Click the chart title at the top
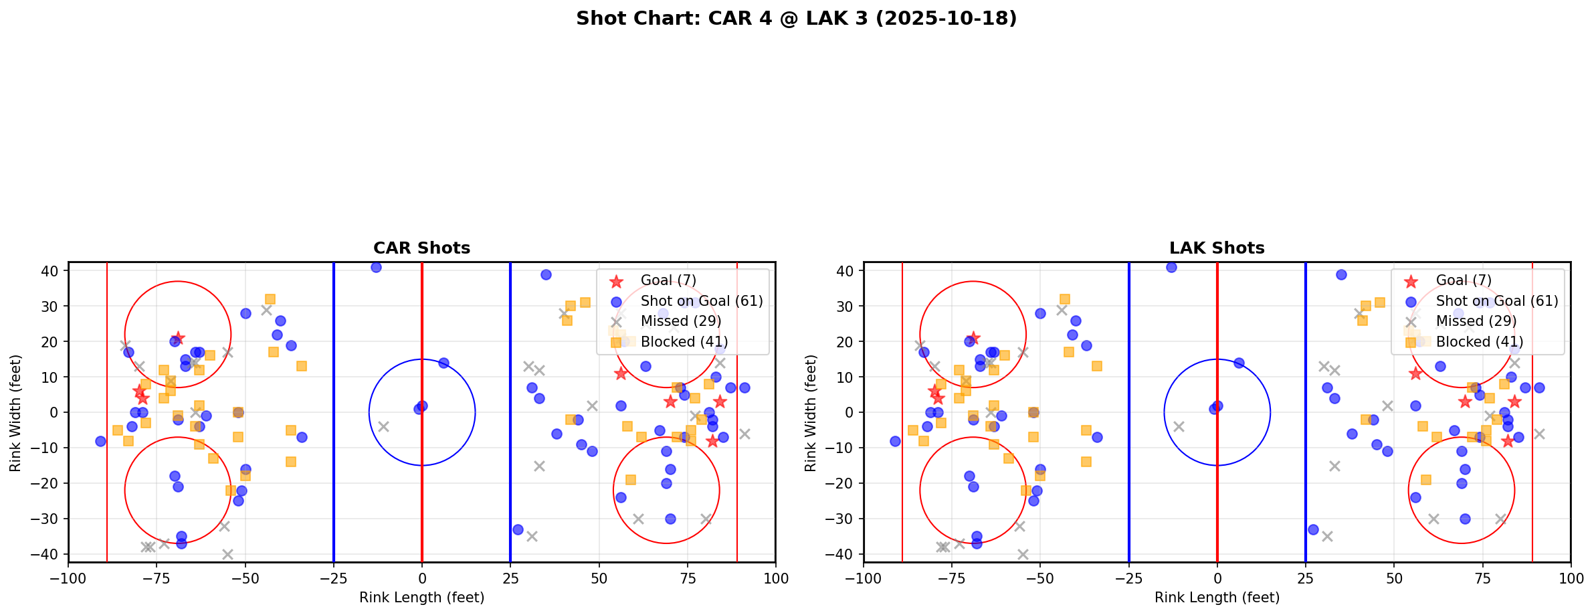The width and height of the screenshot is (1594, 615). coord(796,18)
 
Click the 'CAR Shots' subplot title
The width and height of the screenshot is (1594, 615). coord(421,248)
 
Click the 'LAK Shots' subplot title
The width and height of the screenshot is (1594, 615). coord(1217,248)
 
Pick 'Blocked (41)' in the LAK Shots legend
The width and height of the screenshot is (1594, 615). coord(1479,342)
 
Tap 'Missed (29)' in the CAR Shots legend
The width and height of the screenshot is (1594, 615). coord(680,321)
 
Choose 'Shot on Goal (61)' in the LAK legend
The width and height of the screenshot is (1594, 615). coord(1496,301)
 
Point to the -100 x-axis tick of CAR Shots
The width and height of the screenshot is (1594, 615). coord(68,578)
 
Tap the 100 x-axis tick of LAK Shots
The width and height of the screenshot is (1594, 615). coord(1570,578)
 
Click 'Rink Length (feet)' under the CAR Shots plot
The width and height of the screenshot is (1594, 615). coord(421,598)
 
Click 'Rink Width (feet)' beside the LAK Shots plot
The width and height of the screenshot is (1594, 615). coord(811,413)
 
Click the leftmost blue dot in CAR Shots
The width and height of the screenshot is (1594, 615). coord(100,441)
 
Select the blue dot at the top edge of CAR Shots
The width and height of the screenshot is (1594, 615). coord(376,267)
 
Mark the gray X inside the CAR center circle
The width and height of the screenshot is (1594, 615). coord(383,426)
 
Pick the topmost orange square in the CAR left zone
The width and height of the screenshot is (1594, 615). coord(270,299)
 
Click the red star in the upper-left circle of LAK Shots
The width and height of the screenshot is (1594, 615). coord(973,338)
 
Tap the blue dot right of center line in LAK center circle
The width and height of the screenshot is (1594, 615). coord(1239,363)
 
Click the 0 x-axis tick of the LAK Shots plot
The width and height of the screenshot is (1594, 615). coord(1217,578)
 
